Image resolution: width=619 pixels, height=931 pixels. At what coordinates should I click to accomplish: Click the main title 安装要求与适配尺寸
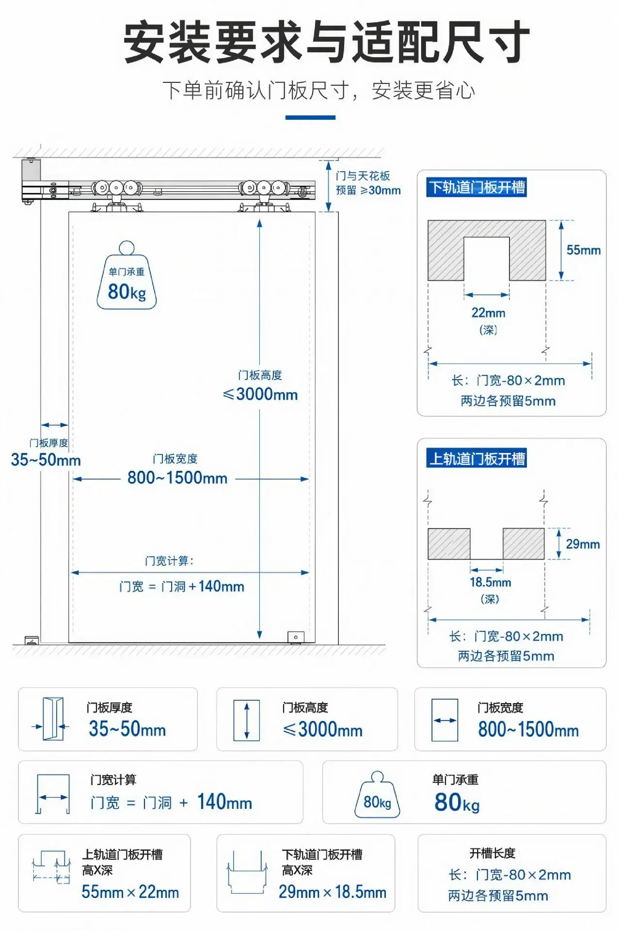click(x=326, y=43)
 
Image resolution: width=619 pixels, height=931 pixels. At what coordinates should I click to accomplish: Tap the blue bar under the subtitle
click(x=310, y=117)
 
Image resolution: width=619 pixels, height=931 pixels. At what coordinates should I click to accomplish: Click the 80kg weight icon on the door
click(x=127, y=275)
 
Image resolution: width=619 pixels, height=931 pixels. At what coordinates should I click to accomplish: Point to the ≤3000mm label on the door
click(x=260, y=394)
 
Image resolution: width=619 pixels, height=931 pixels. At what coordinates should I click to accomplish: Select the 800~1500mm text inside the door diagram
click(x=177, y=478)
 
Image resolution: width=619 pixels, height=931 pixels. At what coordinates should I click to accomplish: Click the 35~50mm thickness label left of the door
click(x=46, y=460)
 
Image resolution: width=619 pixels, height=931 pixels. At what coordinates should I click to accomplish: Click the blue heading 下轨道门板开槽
click(x=476, y=187)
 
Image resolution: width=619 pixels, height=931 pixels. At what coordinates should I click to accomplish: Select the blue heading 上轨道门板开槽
click(x=476, y=458)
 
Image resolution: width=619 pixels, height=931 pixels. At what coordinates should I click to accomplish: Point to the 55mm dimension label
click(x=584, y=250)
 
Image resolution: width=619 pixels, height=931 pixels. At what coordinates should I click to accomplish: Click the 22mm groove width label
click(x=489, y=313)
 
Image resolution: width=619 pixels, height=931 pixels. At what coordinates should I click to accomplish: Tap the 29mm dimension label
click(x=583, y=544)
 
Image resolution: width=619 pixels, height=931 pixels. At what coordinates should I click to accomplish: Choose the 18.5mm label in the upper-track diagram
click(x=491, y=582)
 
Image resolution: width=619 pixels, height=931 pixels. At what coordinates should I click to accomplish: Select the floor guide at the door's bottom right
click(x=296, y=637)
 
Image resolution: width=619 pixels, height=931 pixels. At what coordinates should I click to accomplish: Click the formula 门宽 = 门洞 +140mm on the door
click(x=182, y=587)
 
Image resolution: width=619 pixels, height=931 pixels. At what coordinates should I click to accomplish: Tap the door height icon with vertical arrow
click(x=247, y=720)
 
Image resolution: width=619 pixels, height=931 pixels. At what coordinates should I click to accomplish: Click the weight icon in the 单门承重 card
click(x=378, y=795)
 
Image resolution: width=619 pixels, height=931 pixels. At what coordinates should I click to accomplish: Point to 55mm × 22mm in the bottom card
click(x=130, y=892)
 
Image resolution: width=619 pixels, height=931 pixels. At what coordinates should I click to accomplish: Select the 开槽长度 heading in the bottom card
click(x=492, y=853)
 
